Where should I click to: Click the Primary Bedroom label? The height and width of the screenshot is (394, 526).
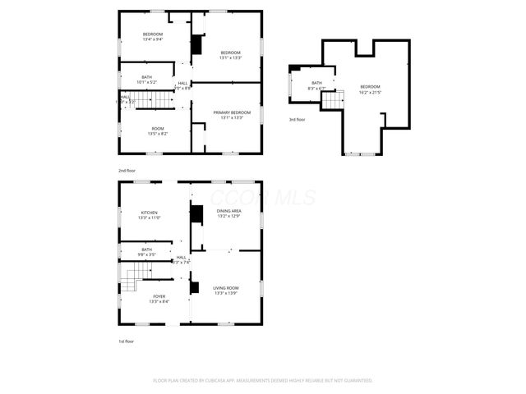(232, 112)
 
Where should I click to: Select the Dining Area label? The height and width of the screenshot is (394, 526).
(228, 212)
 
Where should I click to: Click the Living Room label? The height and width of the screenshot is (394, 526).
(226, 287)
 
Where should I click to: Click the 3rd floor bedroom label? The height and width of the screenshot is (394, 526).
(370, 86)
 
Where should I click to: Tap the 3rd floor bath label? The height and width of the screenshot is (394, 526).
(316, 83)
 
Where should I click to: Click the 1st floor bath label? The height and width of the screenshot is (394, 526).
(147, 250)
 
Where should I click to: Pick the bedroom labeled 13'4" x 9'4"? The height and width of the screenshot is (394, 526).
(153, 34)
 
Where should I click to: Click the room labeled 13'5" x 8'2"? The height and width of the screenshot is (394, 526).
(157, 129)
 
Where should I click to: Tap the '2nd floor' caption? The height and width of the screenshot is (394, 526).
(127, 171)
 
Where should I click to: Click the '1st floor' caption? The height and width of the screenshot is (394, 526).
(125, 341)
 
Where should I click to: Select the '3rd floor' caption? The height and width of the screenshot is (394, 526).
(298, 120)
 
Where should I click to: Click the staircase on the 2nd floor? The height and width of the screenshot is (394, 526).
(154, 99)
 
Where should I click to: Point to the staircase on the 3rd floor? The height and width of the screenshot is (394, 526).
(330, 99)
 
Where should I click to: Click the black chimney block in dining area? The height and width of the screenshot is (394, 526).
(196, 215)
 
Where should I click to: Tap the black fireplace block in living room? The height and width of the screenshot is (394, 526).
(194, 287)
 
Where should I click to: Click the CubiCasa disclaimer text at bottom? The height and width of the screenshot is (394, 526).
(263, 381)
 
